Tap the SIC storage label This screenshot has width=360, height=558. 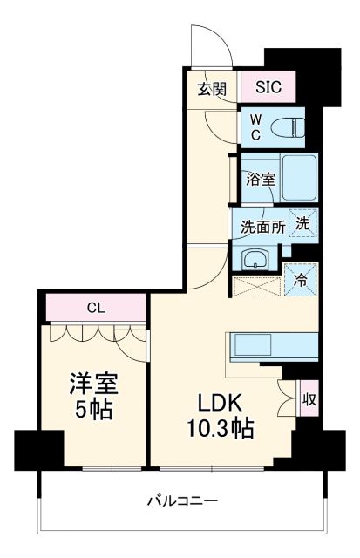coord(268,86)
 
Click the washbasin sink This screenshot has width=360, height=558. coord(254,257)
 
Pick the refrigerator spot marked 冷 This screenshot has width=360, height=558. coord(301,281)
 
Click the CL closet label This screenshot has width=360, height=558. coord(97,308)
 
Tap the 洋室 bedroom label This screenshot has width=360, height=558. coord(94,384)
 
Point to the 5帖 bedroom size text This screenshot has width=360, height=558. coord(94,410)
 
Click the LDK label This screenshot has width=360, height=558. coord(218,403)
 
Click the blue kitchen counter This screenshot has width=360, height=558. coord(269,345)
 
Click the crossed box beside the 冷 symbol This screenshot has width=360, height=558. coord(258,285)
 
